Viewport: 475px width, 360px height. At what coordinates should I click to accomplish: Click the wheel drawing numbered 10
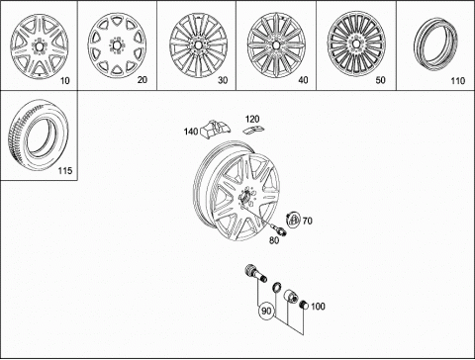click(39, 46)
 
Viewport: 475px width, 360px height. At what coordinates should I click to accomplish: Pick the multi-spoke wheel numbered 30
click(199, 45)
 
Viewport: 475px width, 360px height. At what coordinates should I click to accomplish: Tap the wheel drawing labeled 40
click(277, 45)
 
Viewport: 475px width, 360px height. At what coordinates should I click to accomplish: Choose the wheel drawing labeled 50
click(356, 45)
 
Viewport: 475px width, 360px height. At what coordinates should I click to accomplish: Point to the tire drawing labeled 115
click(39, 135)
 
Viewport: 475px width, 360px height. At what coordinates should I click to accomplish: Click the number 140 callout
click(191, 132)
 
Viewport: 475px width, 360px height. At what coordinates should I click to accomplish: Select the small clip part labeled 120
click(254, 130)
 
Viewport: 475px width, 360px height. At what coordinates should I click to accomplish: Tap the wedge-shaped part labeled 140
click(216, 129)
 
